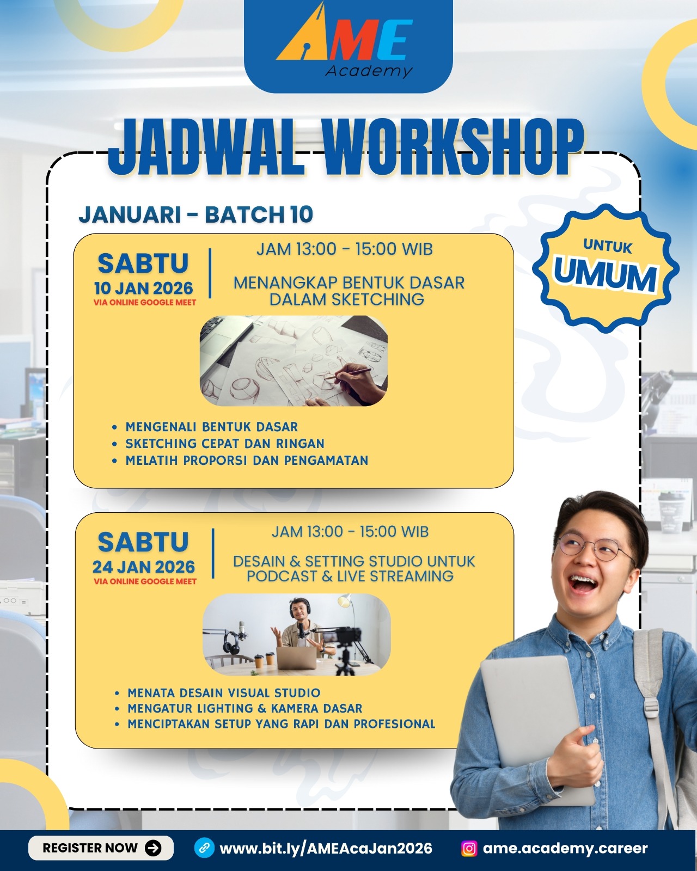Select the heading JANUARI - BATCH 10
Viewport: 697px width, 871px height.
coord(196,214)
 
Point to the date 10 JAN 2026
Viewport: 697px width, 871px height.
coord(144,288)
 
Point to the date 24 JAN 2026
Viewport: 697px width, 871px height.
coord(144,567)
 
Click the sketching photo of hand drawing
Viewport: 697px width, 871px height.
coord(294,360)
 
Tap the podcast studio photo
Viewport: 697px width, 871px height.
coord(296,635)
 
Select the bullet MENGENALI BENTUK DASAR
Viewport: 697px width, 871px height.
coord(211,427)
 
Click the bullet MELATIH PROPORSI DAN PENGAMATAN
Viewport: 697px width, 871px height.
coord(247,460)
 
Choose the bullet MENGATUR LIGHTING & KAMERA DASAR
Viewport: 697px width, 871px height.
coord(244,708)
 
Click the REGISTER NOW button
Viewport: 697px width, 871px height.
coord(101,848)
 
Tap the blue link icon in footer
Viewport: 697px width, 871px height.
coord(204,848)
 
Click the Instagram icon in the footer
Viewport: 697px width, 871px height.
coord(469,848)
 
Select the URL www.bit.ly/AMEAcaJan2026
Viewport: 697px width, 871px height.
coord(326,848)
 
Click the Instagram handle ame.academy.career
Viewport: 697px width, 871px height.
coord(565,848)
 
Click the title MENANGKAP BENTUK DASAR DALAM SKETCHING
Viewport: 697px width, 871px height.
coord(348,291)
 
